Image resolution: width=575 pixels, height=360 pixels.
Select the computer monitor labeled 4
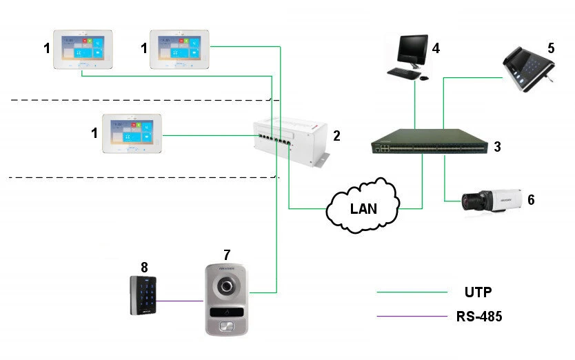[x=413, y=50]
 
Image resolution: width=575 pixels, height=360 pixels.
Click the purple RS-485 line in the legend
[x=412, y=317]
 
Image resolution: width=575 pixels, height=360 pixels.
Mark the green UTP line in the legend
[x=412, y=292]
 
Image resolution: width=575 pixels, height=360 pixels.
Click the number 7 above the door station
[x=226, y=256]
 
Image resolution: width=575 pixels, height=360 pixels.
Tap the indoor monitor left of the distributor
[x=131, y=134]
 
